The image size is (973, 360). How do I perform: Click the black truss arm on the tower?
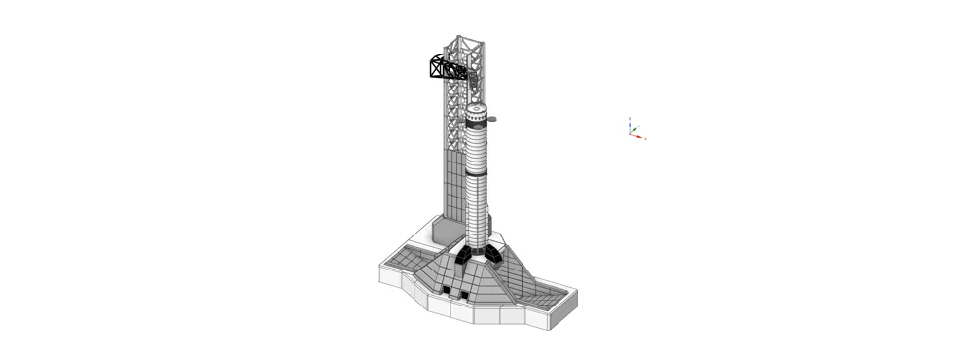tap(447, 68)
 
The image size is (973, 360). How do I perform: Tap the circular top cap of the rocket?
tap(476, 109)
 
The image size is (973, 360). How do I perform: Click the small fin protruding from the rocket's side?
tap(493, 119)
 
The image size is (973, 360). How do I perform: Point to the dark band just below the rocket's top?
tap(476, 126)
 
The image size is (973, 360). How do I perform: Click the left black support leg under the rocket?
tap(460, 256)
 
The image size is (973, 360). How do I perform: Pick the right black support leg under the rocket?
tap(494, 255)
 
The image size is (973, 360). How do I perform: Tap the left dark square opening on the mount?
tap(445, 291)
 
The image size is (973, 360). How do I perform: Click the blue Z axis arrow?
tap(630, 120)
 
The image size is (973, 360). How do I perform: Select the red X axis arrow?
tap(640, 137)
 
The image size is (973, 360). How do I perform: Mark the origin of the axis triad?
tap(631, 133)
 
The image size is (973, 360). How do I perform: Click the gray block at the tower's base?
tap(445, 231)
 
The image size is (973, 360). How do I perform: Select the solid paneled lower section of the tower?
tap(454, 185)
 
